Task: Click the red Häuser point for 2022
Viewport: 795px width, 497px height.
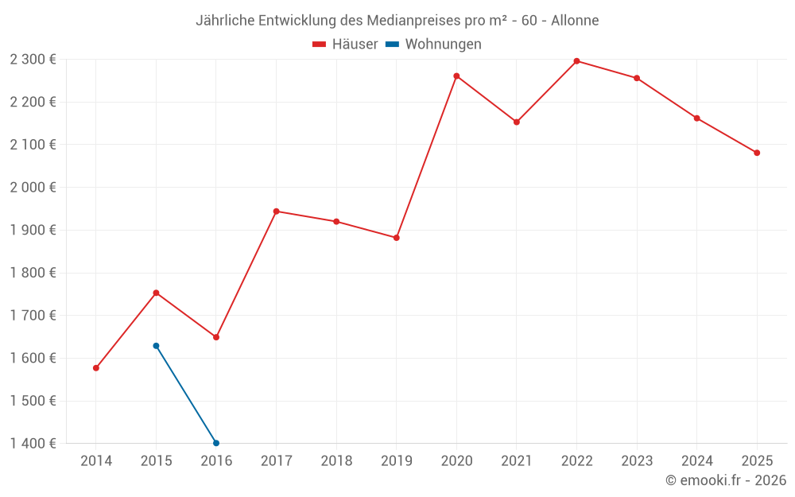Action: (x=576, y=61)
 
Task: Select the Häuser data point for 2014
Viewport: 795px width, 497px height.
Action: (x=96, y=368)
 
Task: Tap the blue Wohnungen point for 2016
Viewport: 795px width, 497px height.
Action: (x=216, y=443)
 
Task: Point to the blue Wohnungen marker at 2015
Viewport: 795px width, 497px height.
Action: (x=156, y=346)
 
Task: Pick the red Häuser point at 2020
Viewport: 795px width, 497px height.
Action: (x=456, y=76)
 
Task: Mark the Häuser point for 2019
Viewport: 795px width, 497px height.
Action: (x=396, y=238)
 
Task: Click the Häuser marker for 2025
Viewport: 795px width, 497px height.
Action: (x=757, y=153)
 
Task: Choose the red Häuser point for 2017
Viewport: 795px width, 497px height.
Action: (x=276, y=212)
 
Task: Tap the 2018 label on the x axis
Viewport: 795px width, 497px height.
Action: (x=336, y=461)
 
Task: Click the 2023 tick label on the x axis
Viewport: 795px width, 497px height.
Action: (x=637, y=461)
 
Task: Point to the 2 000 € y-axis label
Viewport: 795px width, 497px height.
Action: (x=33, y=188)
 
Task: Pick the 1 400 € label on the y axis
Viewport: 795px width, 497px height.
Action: (x=33, y=444)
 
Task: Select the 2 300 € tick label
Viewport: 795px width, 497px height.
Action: (x=33, y=60)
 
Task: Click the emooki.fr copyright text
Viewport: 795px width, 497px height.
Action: (x=726, y=480)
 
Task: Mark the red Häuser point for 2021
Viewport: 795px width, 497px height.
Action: (x=517, y=122)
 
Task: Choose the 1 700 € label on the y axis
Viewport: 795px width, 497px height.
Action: (x=33, y=316)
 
